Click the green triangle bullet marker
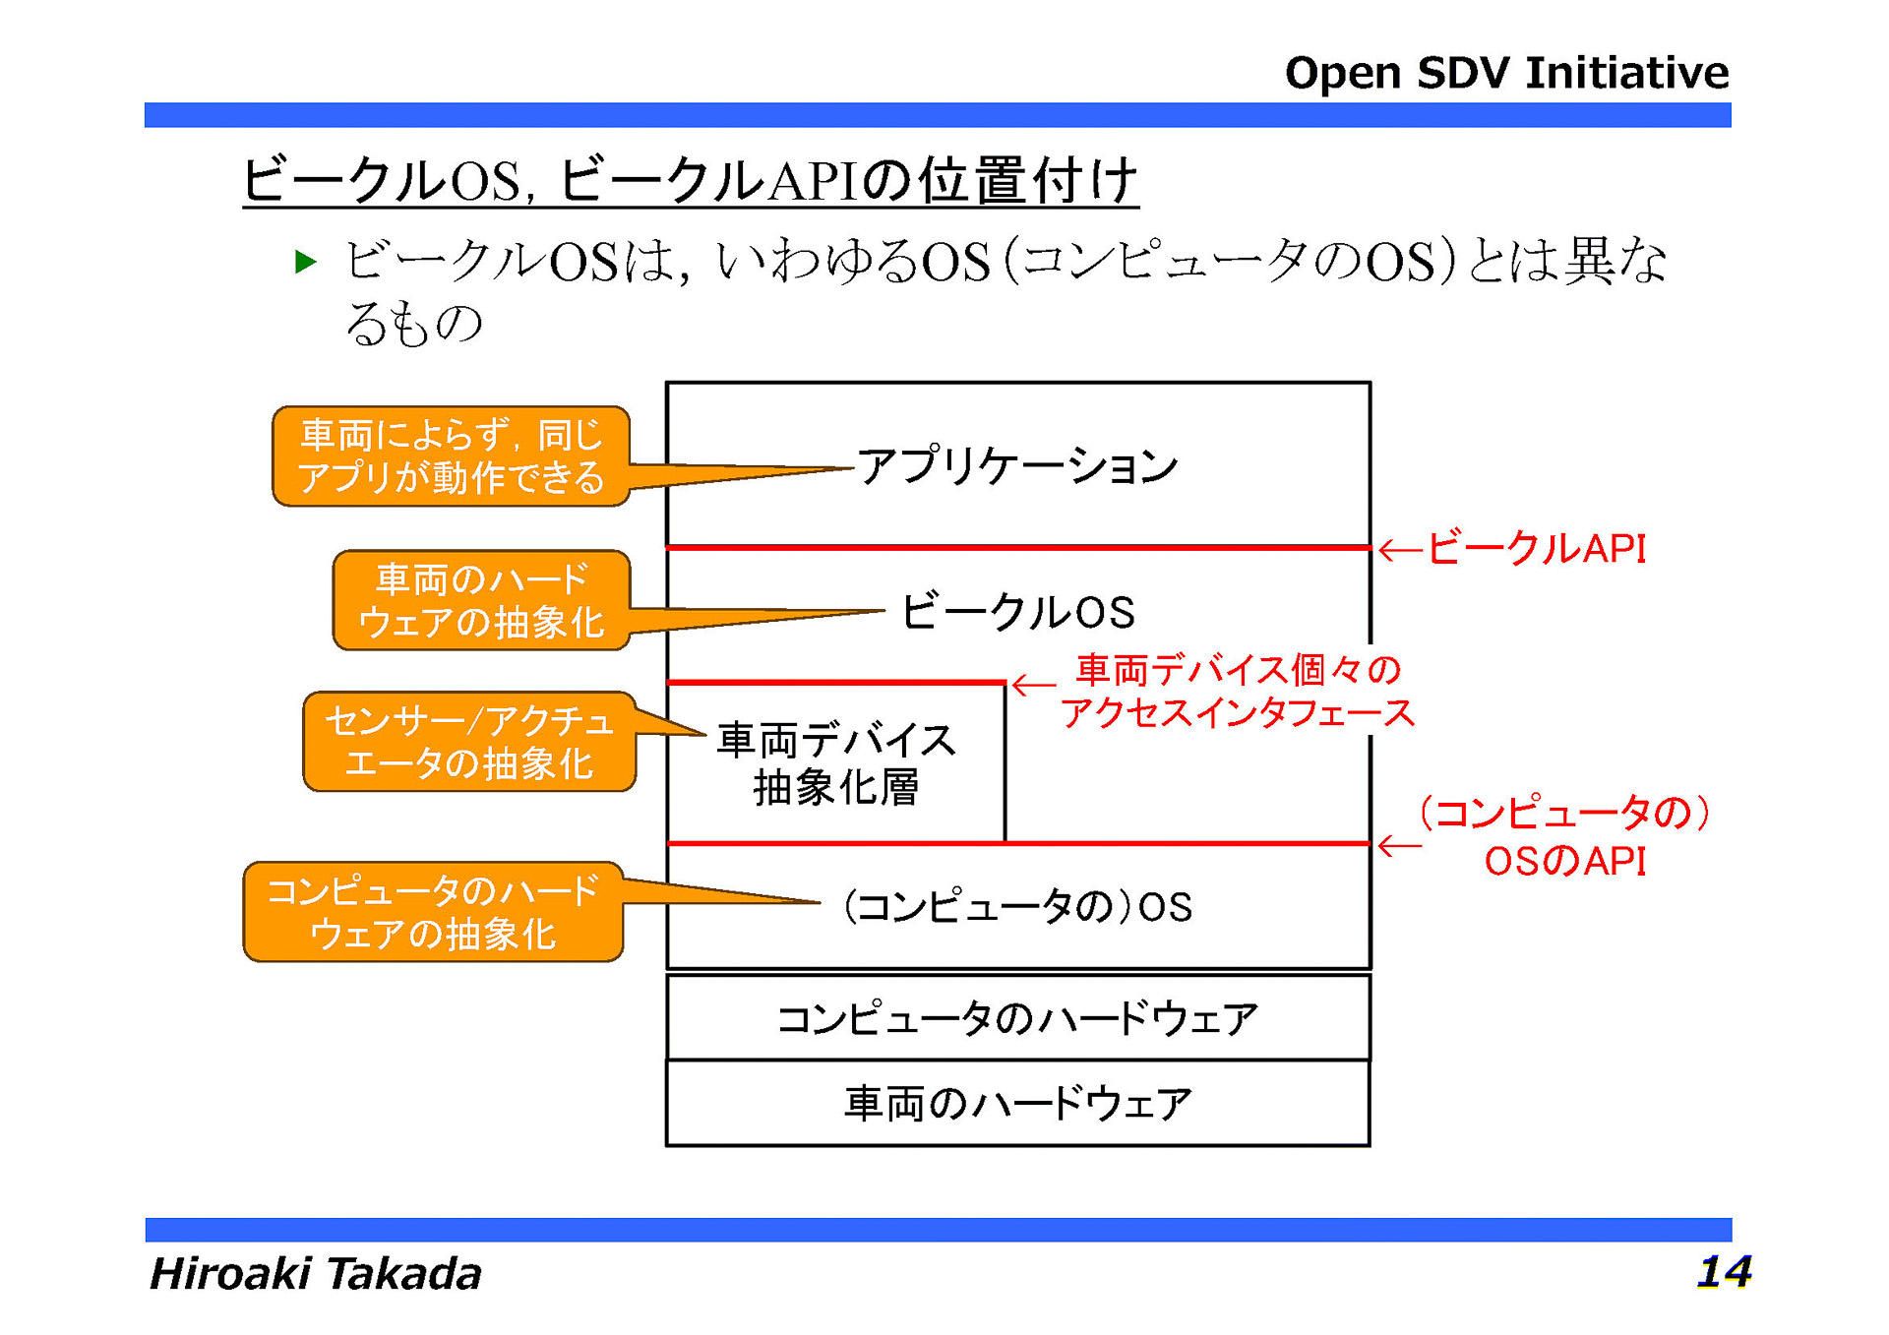pyautogui.click(x=306, y=262)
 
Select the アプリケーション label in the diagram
pyautogui.click(x=1016, y=465)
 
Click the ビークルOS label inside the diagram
pyautogui.click(x=1016, y=612)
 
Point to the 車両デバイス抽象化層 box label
pyautogui.click(x=835, y=763)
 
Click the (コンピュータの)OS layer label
pyautogui.click(x=1016, y=906)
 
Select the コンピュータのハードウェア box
pyautogui.click(x=1016, y=1018)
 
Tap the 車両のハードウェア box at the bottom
pyautogui.click(x=1016, y=1104)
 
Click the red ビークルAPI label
pyautogui.click(x=1536, y=549)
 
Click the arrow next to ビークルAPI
pyautogui.click(x=1399, y=551)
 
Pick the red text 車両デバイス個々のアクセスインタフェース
pyautogui.click(x=1237, y=691)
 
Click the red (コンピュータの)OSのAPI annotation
pyautogui.click(x=1564, y=836)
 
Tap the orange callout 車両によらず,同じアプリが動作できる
pyautogui.click(x=451, y=456)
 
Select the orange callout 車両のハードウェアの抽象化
pyautogui.click(x=481, y=600)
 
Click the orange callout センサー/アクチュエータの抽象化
pyautogui.click(x=468, y=742)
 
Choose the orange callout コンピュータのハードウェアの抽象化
pyautogui.click(x=433, y=912)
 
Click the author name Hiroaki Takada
pyautogui.click(x=315, y=1273)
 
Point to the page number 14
pyautogui.click(x=1723, y=1271)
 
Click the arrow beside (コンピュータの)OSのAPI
pyautogui.click(x=1399, y=846)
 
